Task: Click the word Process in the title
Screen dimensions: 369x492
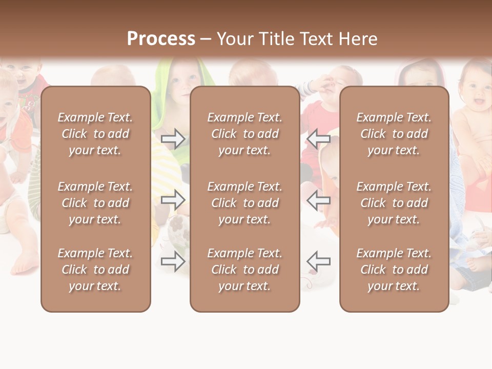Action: (x=161, y=39)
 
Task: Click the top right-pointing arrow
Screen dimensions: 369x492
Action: (x=173, y=139)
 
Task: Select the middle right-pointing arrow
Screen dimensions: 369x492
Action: (x=173, y=200)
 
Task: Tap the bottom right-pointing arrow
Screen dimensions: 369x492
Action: (x=173, y=261)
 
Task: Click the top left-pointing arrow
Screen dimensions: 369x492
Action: (x=319, y=139)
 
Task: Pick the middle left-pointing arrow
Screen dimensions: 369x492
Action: (x=319, y=200)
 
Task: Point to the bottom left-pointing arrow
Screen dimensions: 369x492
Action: (x=319, y=261)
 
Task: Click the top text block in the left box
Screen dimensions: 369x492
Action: (x=95, y=134)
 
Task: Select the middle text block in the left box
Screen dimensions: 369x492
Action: (x=95, y=203)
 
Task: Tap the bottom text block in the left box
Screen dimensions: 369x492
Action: (x=95, y=270)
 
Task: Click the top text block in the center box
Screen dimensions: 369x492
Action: (x=245, y=134)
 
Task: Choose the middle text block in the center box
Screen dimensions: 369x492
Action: (x=245, y=203)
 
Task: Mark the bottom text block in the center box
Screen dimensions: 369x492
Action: (x=245, y=270)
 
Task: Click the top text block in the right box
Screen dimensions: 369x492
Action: (x=394, y=134)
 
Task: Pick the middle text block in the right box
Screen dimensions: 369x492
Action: (x=394, y=203)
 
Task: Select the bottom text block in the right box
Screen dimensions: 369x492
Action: (x=394, y=270)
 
